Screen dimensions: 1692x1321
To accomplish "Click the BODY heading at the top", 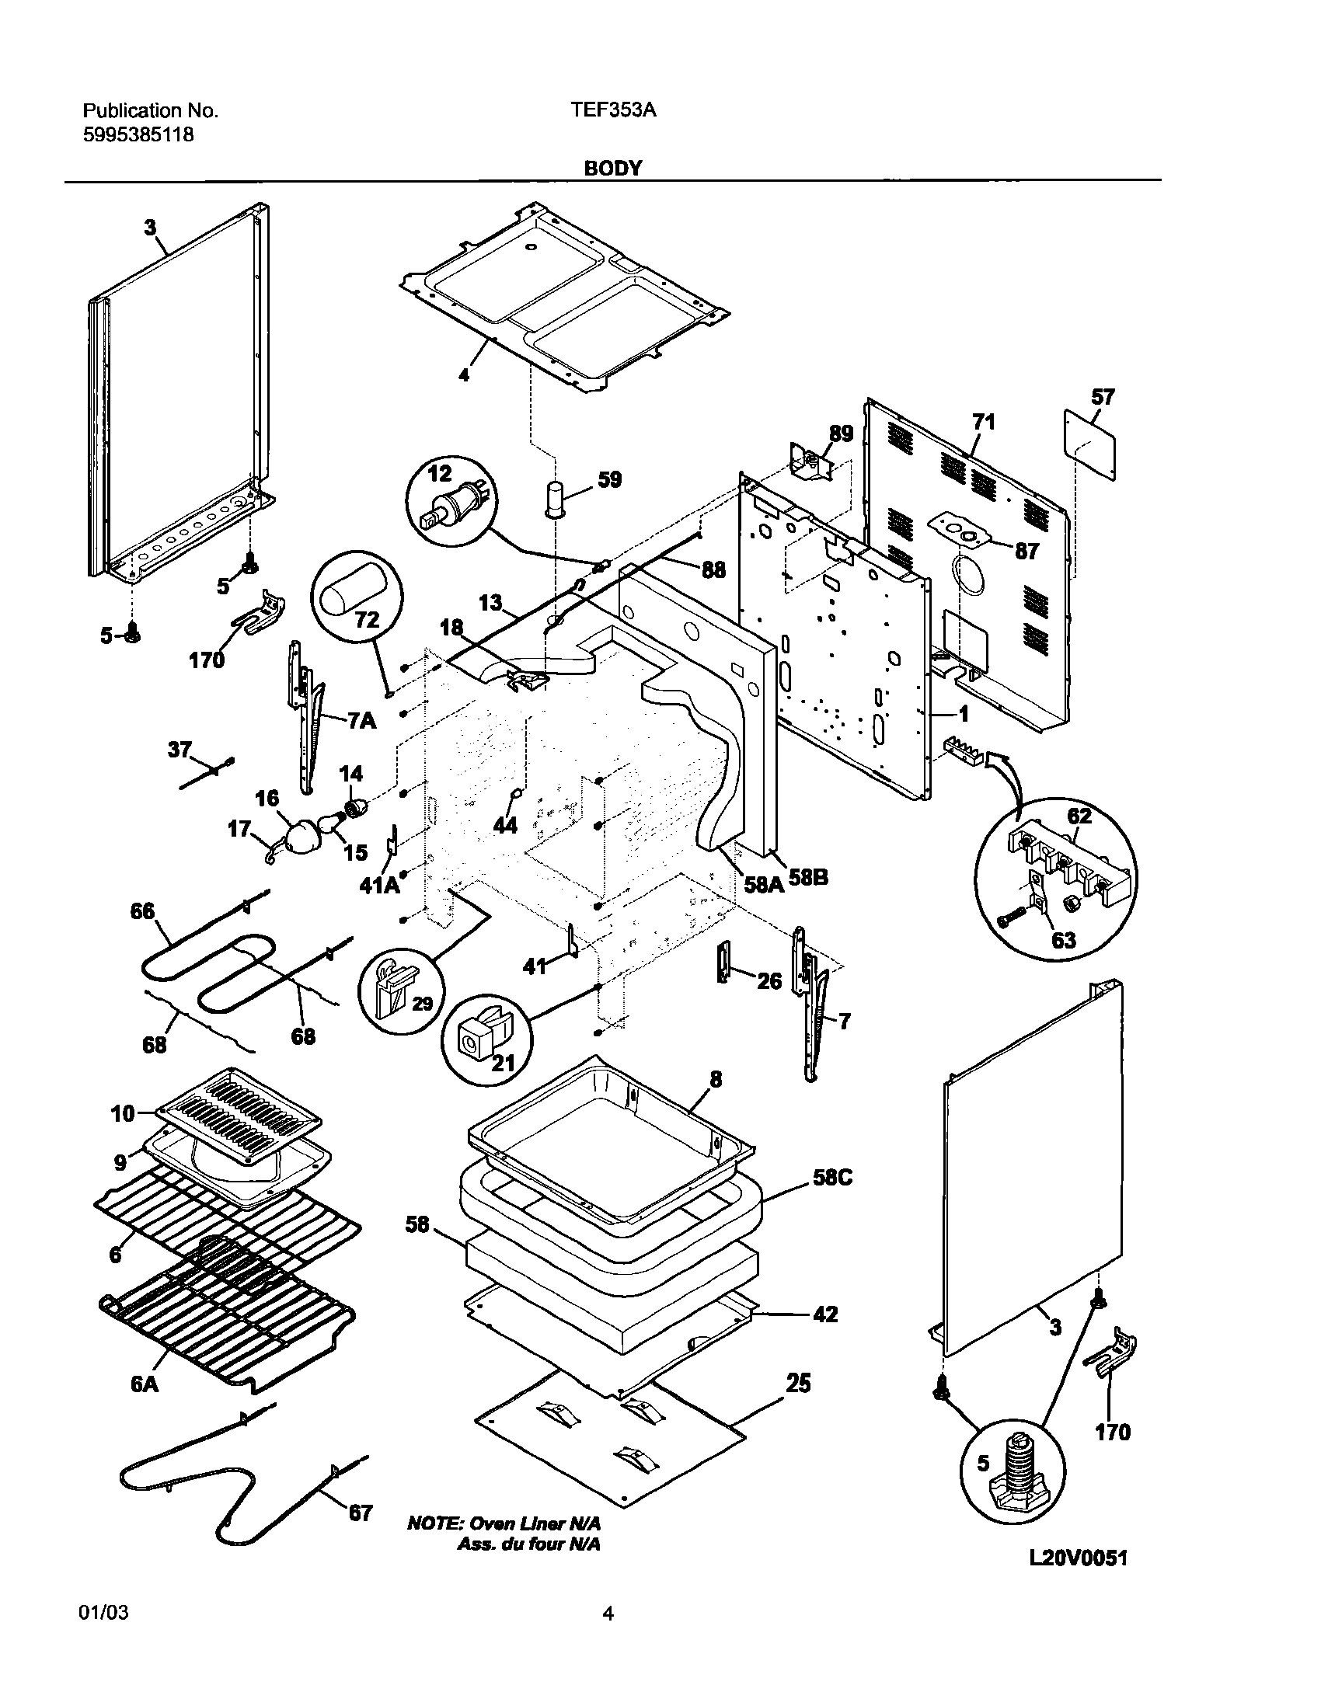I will point(612,169).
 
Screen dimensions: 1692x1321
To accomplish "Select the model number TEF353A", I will point(613,110).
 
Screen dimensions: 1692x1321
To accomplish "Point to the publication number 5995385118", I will point(138,134).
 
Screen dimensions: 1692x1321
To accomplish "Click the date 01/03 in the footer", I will point(103,1635).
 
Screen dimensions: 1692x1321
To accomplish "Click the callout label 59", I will point(610,479).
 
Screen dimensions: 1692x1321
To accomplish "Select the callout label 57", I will point(1103,398).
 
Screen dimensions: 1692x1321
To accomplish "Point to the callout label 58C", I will point(832,1199).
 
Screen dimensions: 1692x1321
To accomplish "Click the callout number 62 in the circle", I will point(1079,816).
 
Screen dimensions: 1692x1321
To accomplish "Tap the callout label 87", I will point(1026,551).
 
